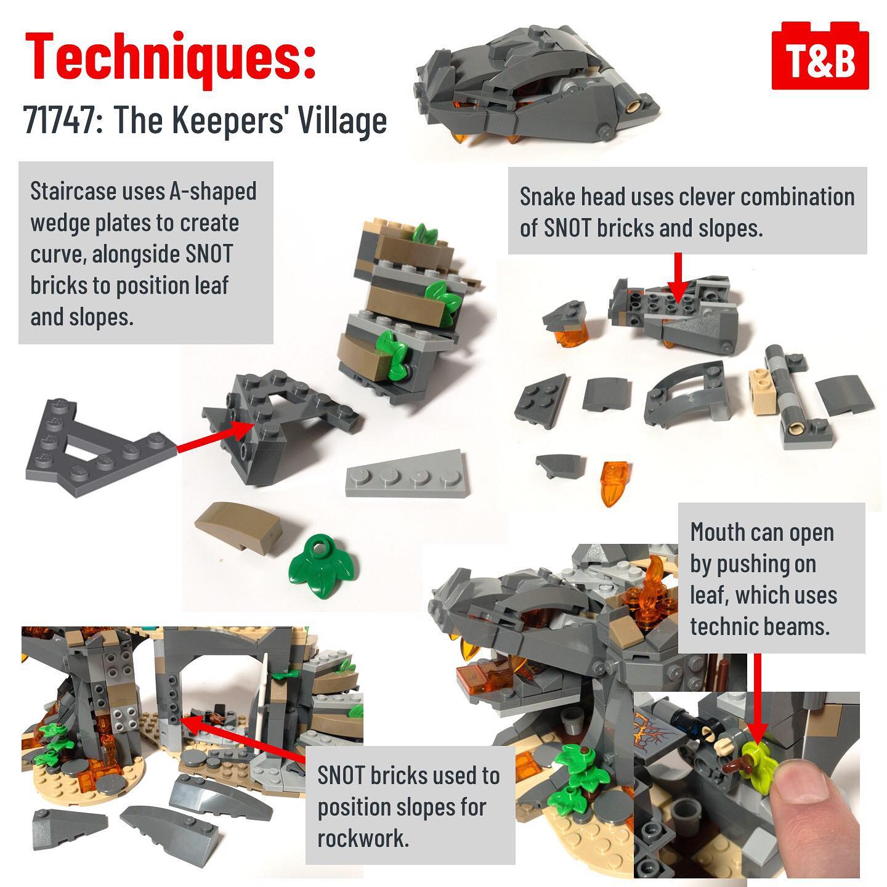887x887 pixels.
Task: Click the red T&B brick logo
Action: coord(820,55)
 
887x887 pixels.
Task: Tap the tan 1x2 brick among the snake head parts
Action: coord(763,391)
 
